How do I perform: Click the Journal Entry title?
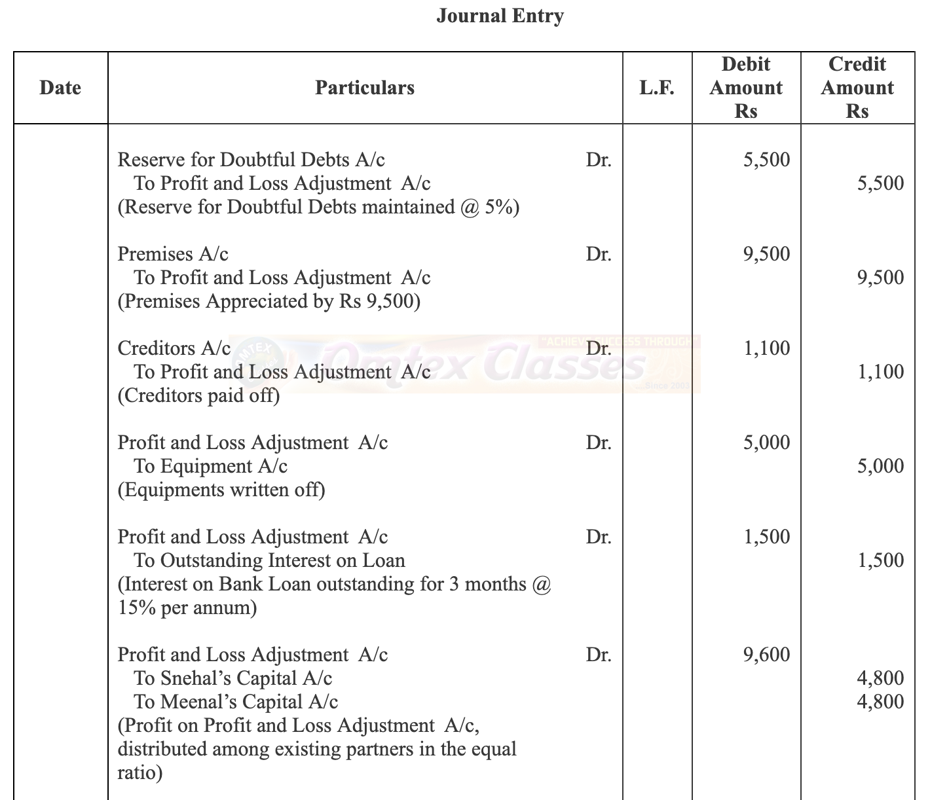point(500,15)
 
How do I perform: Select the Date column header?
point(60,88)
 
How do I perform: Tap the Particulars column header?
point(365,88)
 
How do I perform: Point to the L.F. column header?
point(657,88)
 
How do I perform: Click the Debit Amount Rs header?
point(746,88)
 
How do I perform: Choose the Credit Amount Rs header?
point(857,88)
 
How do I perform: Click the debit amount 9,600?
point(766,655)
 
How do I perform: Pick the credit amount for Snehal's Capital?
point(880,678)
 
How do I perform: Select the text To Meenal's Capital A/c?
point(236,702)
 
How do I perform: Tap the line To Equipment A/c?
point(210,466)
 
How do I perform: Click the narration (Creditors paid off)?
point(198,395)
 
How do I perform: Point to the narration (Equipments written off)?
point(221,490)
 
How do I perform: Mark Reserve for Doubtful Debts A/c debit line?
point(251,160)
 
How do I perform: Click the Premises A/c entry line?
point(173,254)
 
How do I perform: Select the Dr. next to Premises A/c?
point(599,254)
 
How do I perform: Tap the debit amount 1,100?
point(766,348)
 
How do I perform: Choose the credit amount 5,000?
point(880,466)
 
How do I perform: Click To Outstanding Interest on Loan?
point(269,560)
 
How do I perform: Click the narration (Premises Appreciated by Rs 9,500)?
point(269,301)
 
